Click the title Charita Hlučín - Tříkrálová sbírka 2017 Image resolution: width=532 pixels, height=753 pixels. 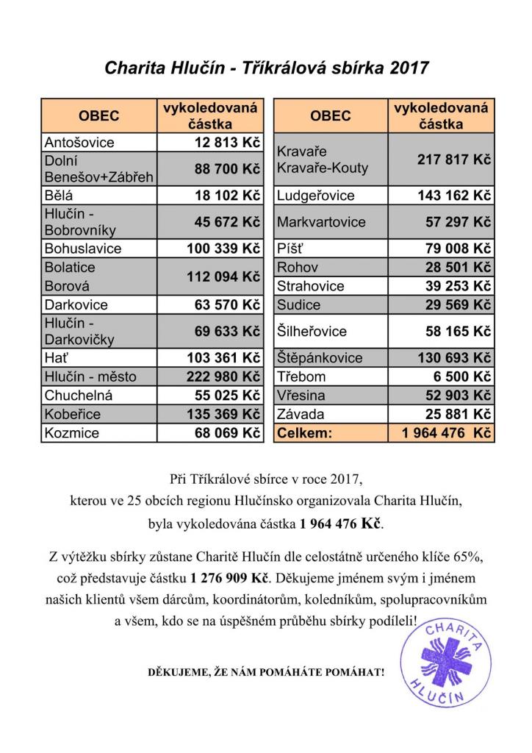pyautogui.click(x=266, y=68)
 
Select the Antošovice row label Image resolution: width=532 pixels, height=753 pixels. pyautogui.click(x=79, y=142)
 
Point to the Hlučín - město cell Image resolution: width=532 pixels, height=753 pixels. pyautogui.click(x=90, y=377)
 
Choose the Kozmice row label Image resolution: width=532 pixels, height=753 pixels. pyautogui.click(x=72, y=433)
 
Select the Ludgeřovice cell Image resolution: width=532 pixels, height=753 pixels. pyautogui.click(x=316, y=196)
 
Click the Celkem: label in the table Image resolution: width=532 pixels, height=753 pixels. pyautogui.click(x=305, y=433)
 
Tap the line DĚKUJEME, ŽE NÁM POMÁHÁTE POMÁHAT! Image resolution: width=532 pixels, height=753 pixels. pyautogui.click(x=266, y=673)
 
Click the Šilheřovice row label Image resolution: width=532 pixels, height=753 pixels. pyautogui.click(x=312, y=332)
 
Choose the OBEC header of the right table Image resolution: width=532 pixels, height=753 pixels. pyautogui.click(x=330, y=116)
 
